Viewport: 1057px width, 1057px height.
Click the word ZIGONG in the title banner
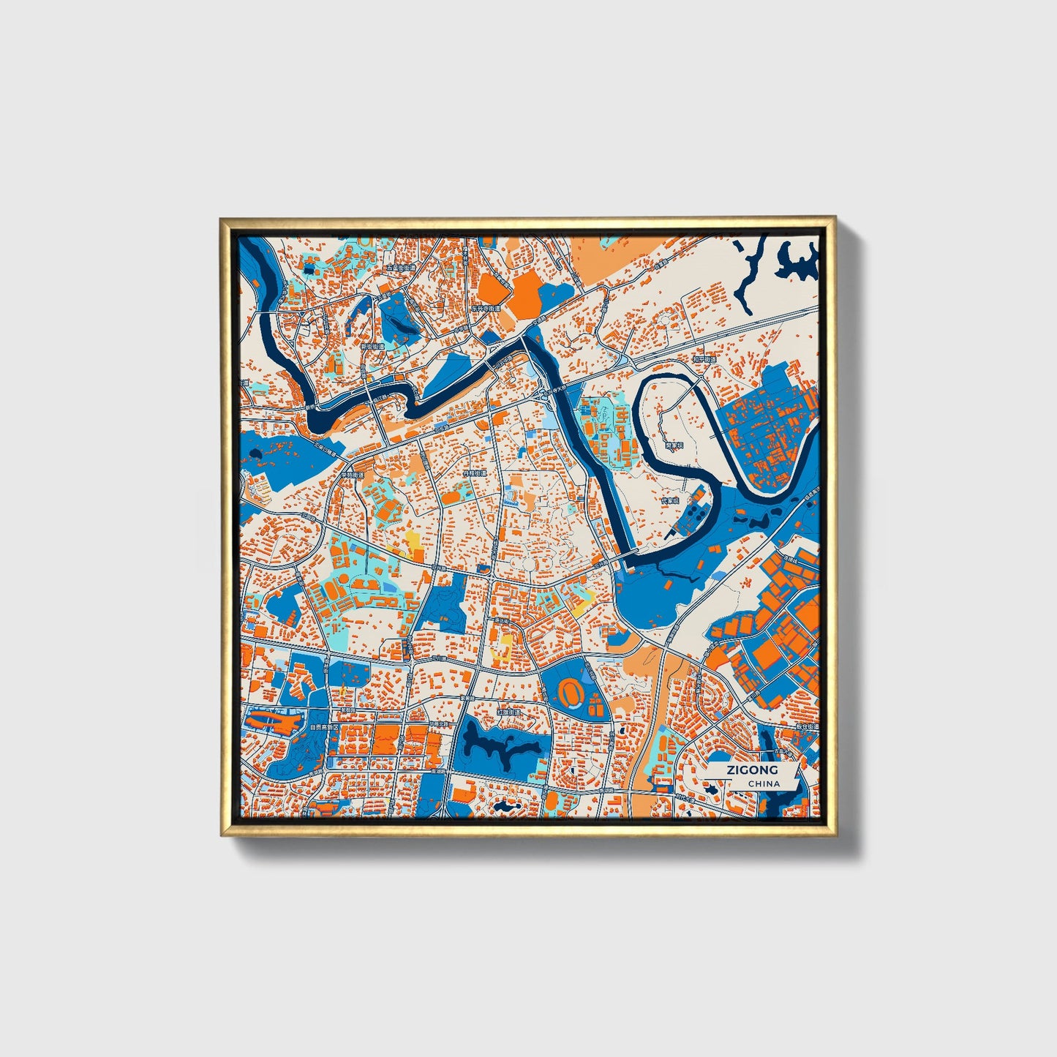click(x=751, y=770)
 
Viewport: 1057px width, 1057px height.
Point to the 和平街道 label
click(x=704, y=359)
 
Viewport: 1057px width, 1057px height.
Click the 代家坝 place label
click(x=670, y=501)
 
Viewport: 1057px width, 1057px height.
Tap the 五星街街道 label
click(x=400, y=268)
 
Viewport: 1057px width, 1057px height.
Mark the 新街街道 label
click(x=372, y=346)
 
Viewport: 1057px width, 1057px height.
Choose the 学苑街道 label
click(x=351, y=474)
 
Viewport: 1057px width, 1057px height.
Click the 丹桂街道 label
click(x=474, y=474)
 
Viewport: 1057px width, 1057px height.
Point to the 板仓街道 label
click(x=807, y=728)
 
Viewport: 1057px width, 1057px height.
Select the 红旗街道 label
click(x=508, y=712)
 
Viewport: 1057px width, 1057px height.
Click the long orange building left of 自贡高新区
click(x=271, y=723)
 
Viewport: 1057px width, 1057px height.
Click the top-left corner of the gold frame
click(x=222, y=219)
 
